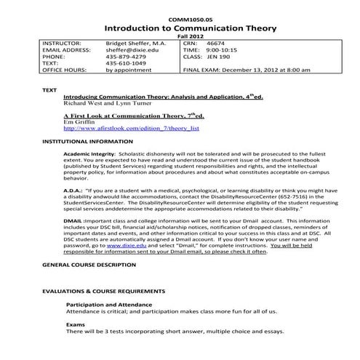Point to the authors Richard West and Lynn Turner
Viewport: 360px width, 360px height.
point(108,103)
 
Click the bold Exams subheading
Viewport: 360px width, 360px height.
point(76,324)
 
